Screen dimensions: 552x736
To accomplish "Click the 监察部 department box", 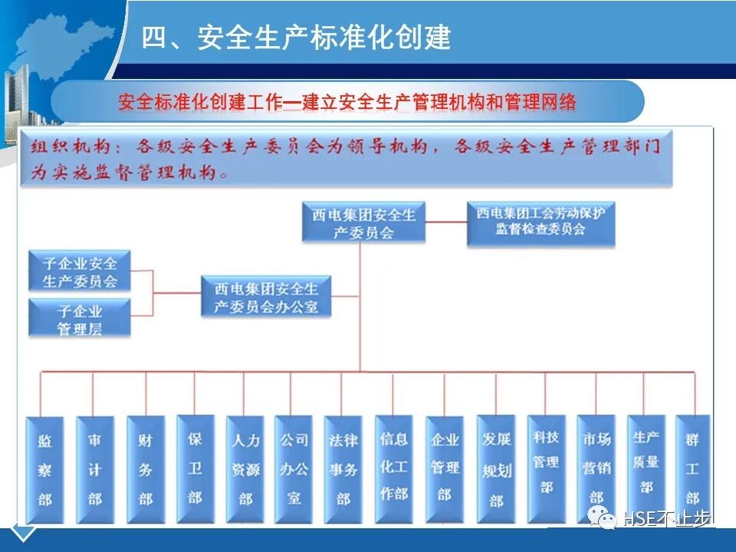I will [44, 470].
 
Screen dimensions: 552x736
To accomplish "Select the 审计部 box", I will [95, 470].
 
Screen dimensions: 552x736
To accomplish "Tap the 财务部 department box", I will [146, 470].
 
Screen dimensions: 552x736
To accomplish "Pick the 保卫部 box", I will [195, 469].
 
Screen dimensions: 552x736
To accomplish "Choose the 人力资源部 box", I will [245, 470].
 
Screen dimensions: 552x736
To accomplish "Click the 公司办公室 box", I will [294, 470].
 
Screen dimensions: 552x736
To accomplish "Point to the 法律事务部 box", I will [343, 470].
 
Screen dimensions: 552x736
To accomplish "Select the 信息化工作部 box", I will [394, 469].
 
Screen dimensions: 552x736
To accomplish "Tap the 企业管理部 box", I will [445, 470].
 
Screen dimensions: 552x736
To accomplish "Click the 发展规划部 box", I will [496, 469].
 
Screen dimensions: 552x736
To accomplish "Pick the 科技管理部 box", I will [547, 469].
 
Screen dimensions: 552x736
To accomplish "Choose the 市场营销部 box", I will [596, 469].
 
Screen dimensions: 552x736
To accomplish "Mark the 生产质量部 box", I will [646, 469].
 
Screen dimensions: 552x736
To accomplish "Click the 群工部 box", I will [693, 469].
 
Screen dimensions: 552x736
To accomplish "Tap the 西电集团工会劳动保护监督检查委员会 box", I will [541, 223].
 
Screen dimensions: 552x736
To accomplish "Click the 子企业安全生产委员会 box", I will [80, 271].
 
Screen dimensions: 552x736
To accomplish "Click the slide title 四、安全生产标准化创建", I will [296, 37].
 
